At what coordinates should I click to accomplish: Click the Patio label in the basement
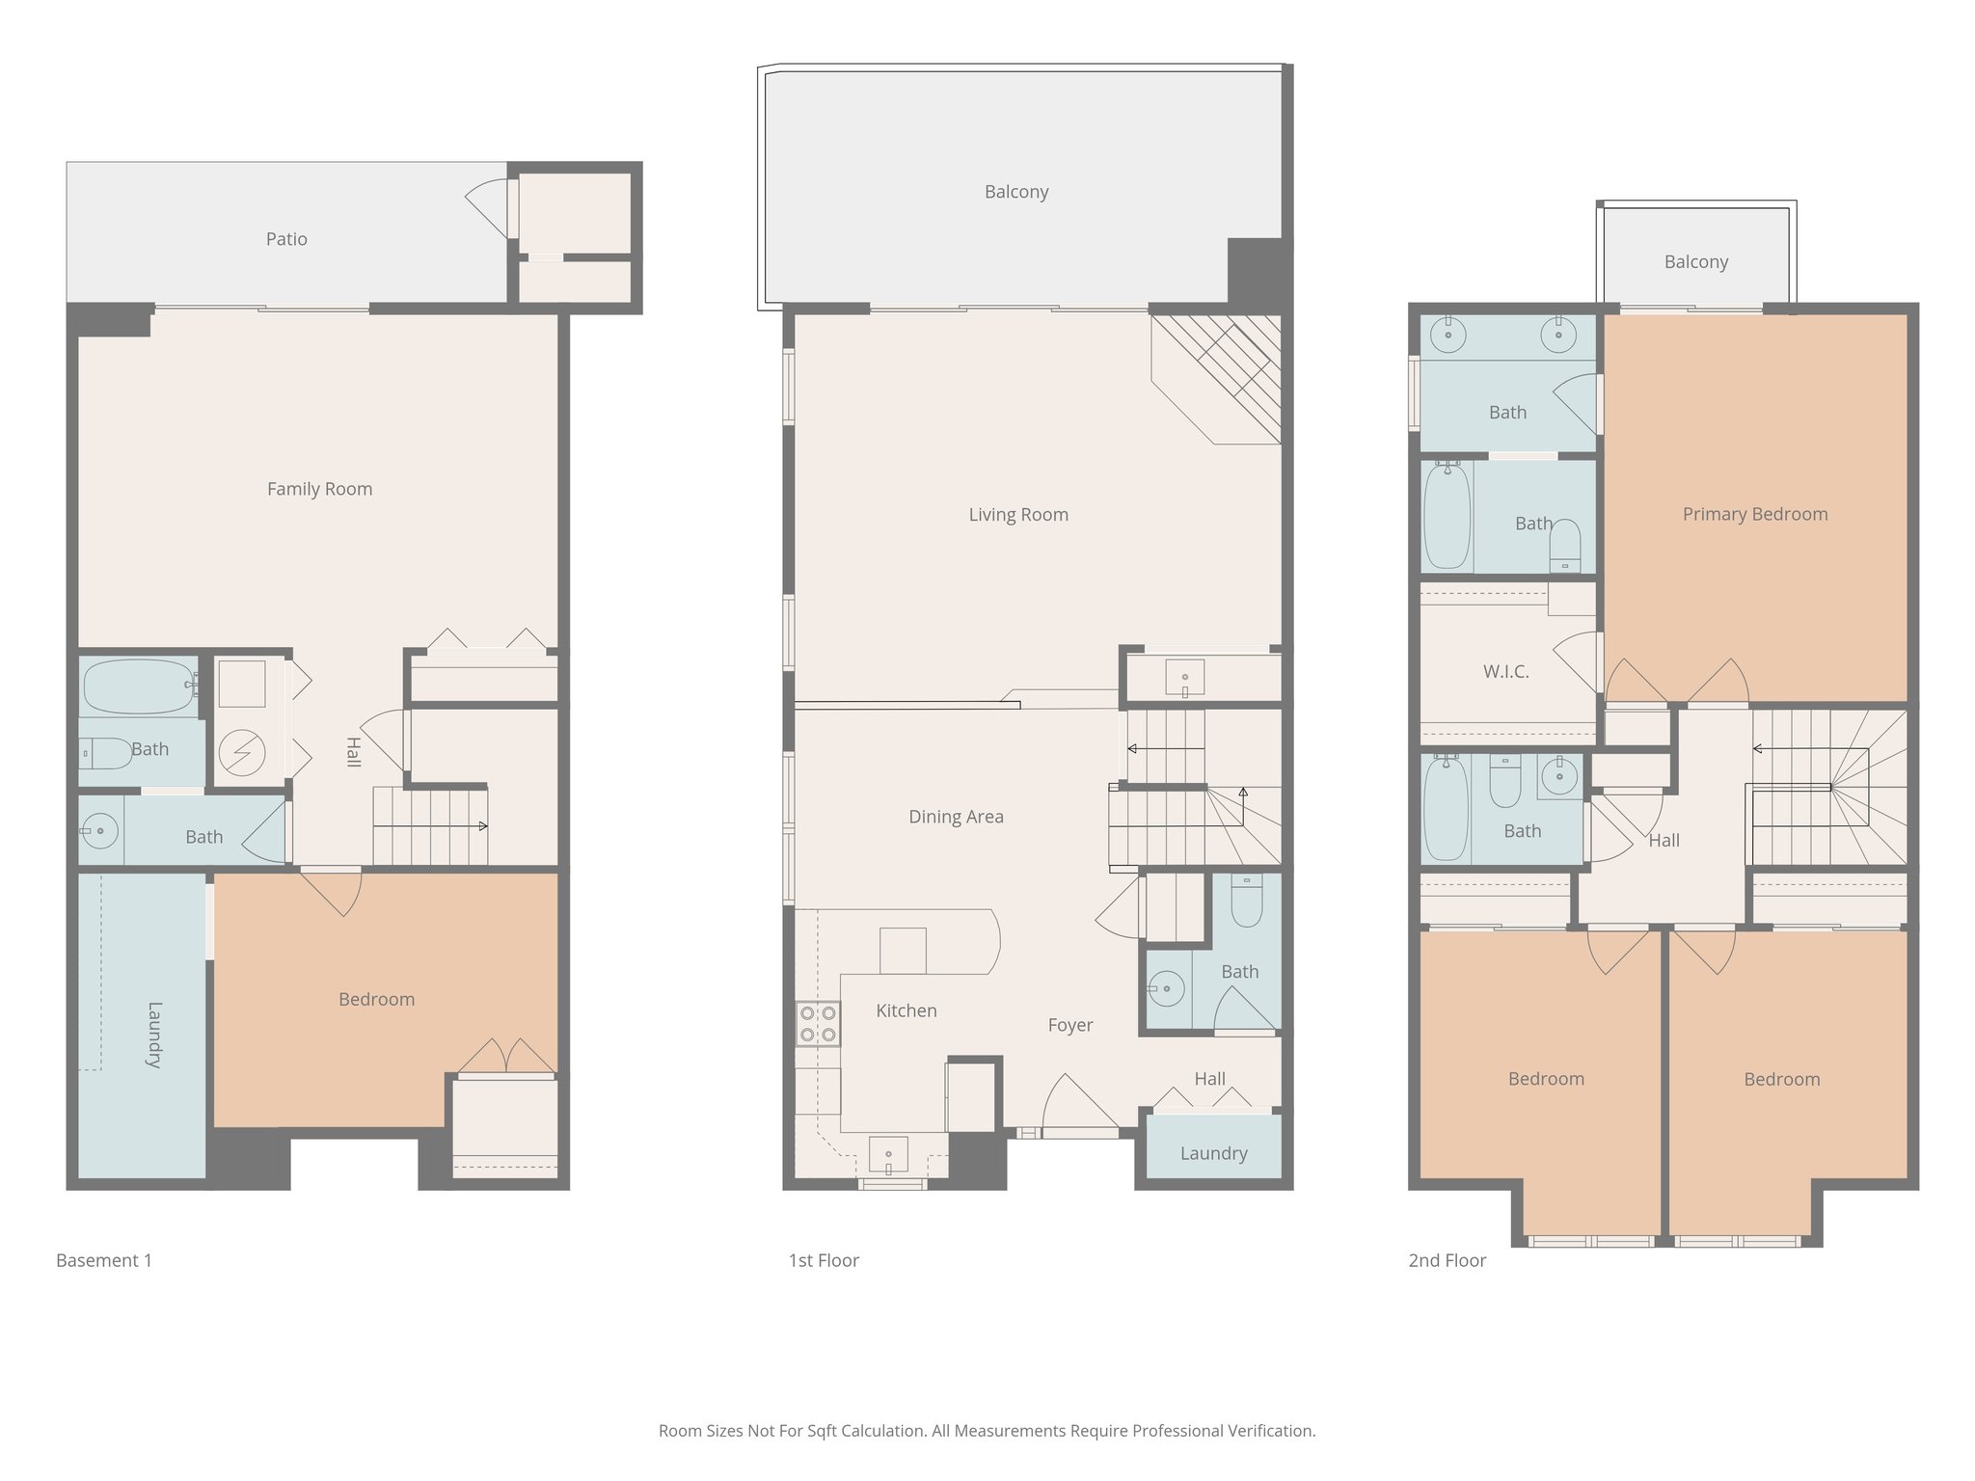pos(286,239)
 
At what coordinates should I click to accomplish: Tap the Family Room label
pos(319,489)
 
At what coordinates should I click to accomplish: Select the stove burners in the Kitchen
pos(817,1024)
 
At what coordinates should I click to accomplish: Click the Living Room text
pos(1018,515)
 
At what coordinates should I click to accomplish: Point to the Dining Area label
pos(956,817)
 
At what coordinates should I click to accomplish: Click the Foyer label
pos(1070,1025)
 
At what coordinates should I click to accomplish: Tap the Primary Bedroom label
pos(1754,514)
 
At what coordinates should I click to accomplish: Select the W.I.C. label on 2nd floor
pos(1505,672)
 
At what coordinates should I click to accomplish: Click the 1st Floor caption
pos(823,1260)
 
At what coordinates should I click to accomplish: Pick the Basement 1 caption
pos(104,1260)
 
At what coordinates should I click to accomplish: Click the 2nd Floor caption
pos(1447,1260)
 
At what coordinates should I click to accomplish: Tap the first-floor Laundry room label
pos(1213,1153)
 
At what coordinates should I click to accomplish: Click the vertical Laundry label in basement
pos(154,1035)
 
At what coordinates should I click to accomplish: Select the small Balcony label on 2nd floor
pos(1695,262)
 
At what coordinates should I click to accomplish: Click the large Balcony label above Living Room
pos(1016,192)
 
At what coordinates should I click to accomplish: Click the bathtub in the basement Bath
pos(139,687)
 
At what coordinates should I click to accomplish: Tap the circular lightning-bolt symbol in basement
pos(241,753)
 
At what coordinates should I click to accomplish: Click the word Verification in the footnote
pos(1270,1431)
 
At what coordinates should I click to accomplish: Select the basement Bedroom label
pos(376,1000)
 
